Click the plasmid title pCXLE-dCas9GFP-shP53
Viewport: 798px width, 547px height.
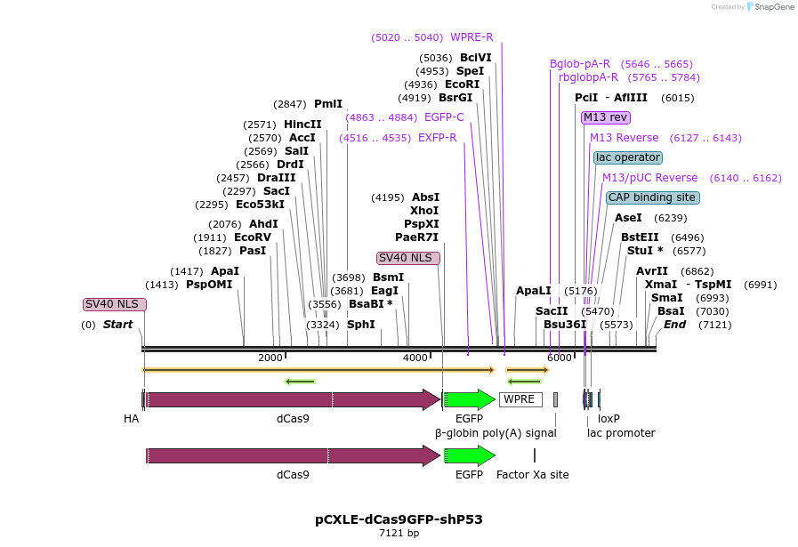pos(399,519)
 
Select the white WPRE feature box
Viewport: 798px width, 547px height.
pos(520,399)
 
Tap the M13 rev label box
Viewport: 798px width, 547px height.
pos(606,117)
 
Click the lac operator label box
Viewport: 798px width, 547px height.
pos(628,157)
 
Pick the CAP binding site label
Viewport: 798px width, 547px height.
pos(652,197)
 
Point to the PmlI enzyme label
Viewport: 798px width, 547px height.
pos(327,104)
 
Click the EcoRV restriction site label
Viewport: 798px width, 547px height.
pos(252,237)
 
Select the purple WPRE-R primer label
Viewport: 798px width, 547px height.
pos(472,37)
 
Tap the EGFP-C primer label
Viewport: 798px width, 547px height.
pos(444,117)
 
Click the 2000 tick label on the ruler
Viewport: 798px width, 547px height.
pos(270,358)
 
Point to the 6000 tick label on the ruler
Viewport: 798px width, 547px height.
pos(559,358)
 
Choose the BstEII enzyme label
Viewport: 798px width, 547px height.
pos(640,237)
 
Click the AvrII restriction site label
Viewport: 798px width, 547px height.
pos(652,271)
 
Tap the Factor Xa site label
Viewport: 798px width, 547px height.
pos(532,475)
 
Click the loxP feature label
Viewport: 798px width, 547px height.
pos(609,418)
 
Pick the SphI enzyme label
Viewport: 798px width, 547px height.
pos(360,325)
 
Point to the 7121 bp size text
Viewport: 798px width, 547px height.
pos(399,534)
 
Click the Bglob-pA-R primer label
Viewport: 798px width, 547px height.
pos(580,64)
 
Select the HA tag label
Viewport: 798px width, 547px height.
pos(131,418)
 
